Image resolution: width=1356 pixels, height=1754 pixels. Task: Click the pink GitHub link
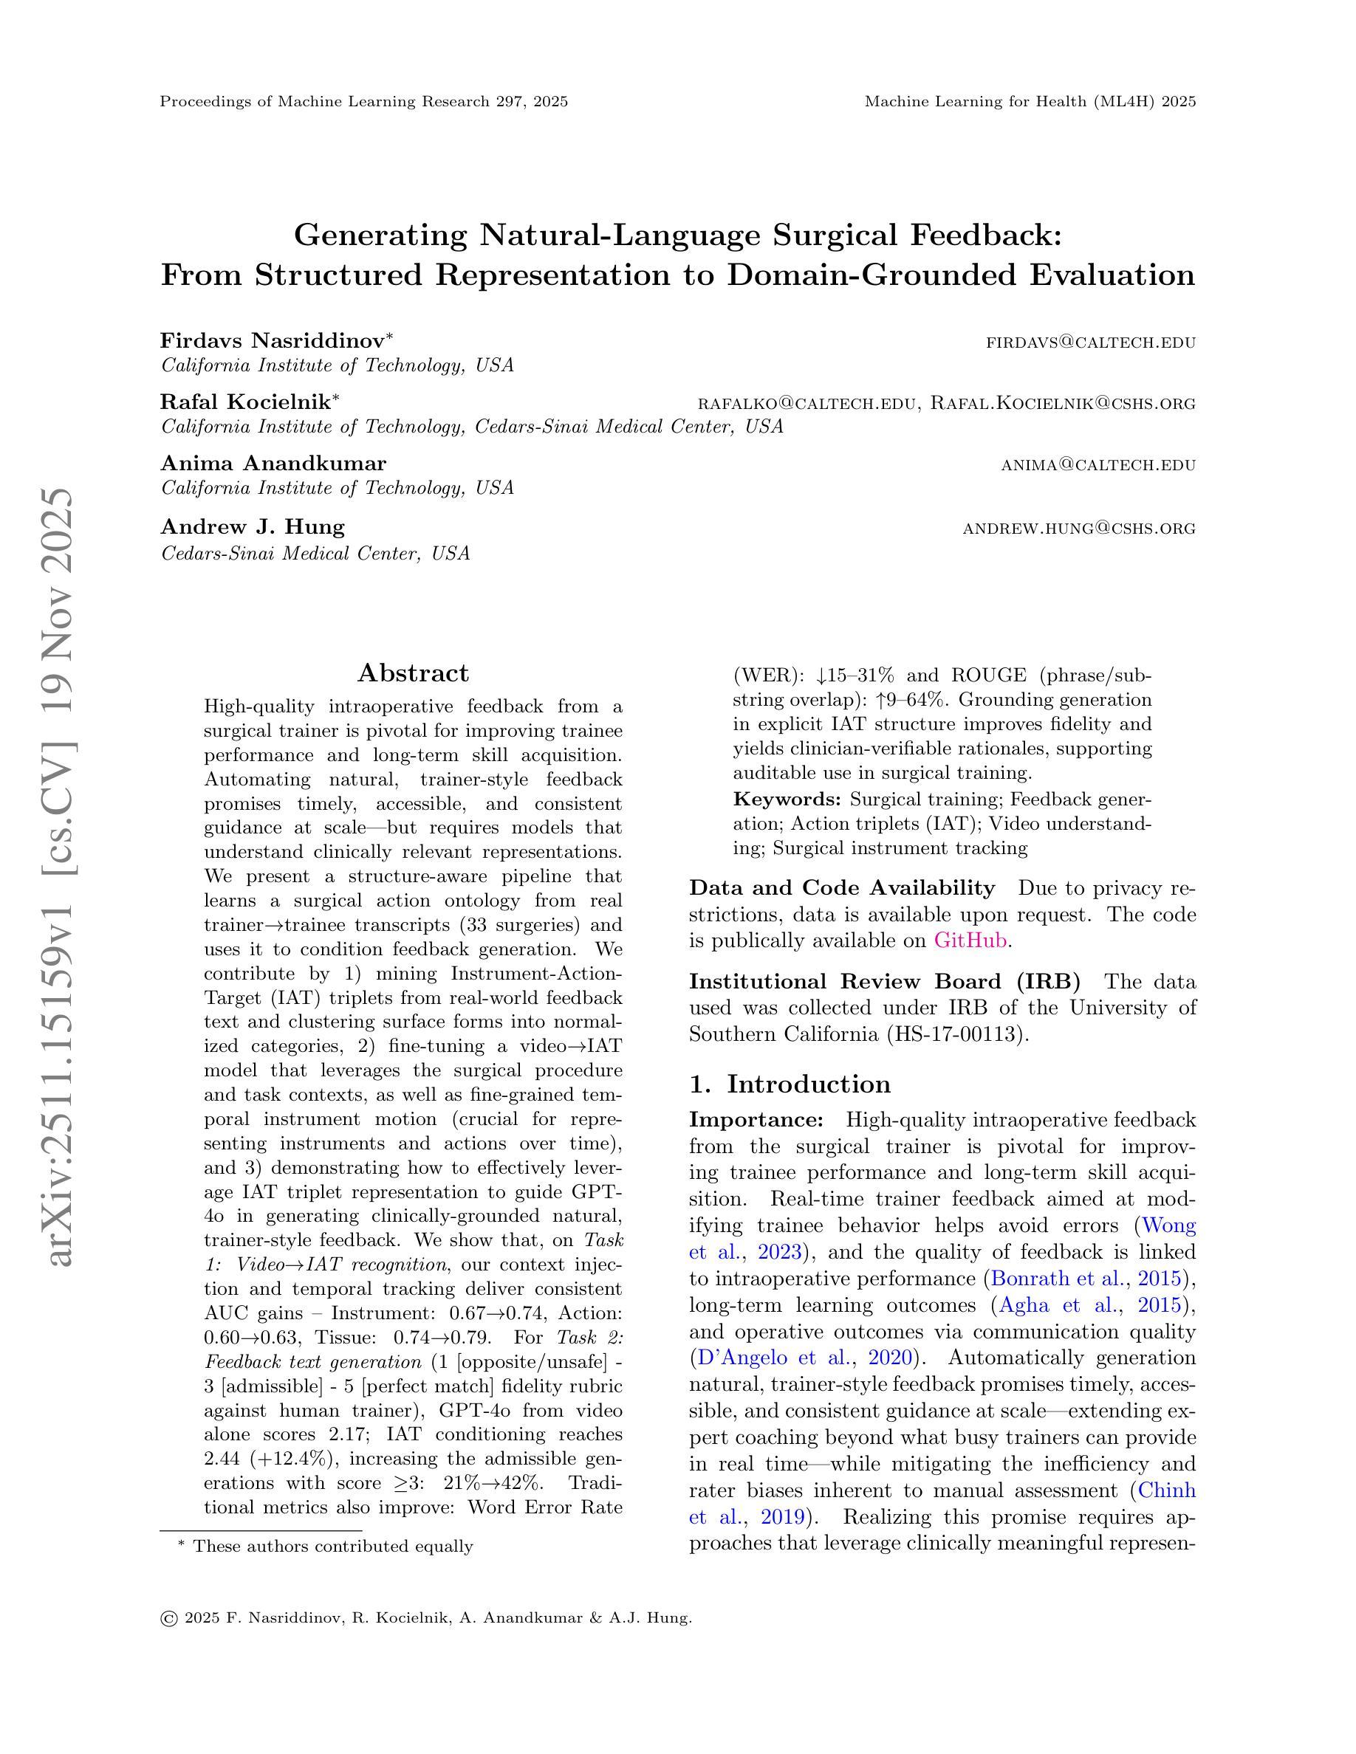coord(970,940)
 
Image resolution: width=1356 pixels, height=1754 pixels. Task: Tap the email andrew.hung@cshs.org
coord(1079,529)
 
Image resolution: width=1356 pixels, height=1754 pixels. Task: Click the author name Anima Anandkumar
coord(273,464)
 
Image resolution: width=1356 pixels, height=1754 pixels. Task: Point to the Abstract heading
coord(413,673)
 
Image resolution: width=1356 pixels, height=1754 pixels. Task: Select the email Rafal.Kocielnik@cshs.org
coord(1063,403)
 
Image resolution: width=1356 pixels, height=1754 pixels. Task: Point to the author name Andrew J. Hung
coord(253,527)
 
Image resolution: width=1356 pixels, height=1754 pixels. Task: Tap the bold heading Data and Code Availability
coord(841,887)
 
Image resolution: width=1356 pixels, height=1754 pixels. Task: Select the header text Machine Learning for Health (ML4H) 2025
coord(1030,101)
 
